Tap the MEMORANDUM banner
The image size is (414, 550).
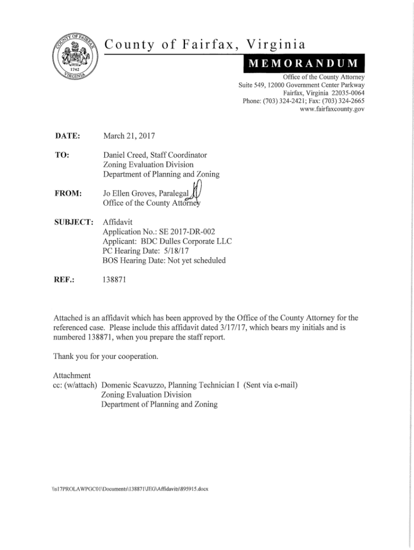pos(304,66)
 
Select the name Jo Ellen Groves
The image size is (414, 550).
pos(126,192)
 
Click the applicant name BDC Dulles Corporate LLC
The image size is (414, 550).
pos(185,241)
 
